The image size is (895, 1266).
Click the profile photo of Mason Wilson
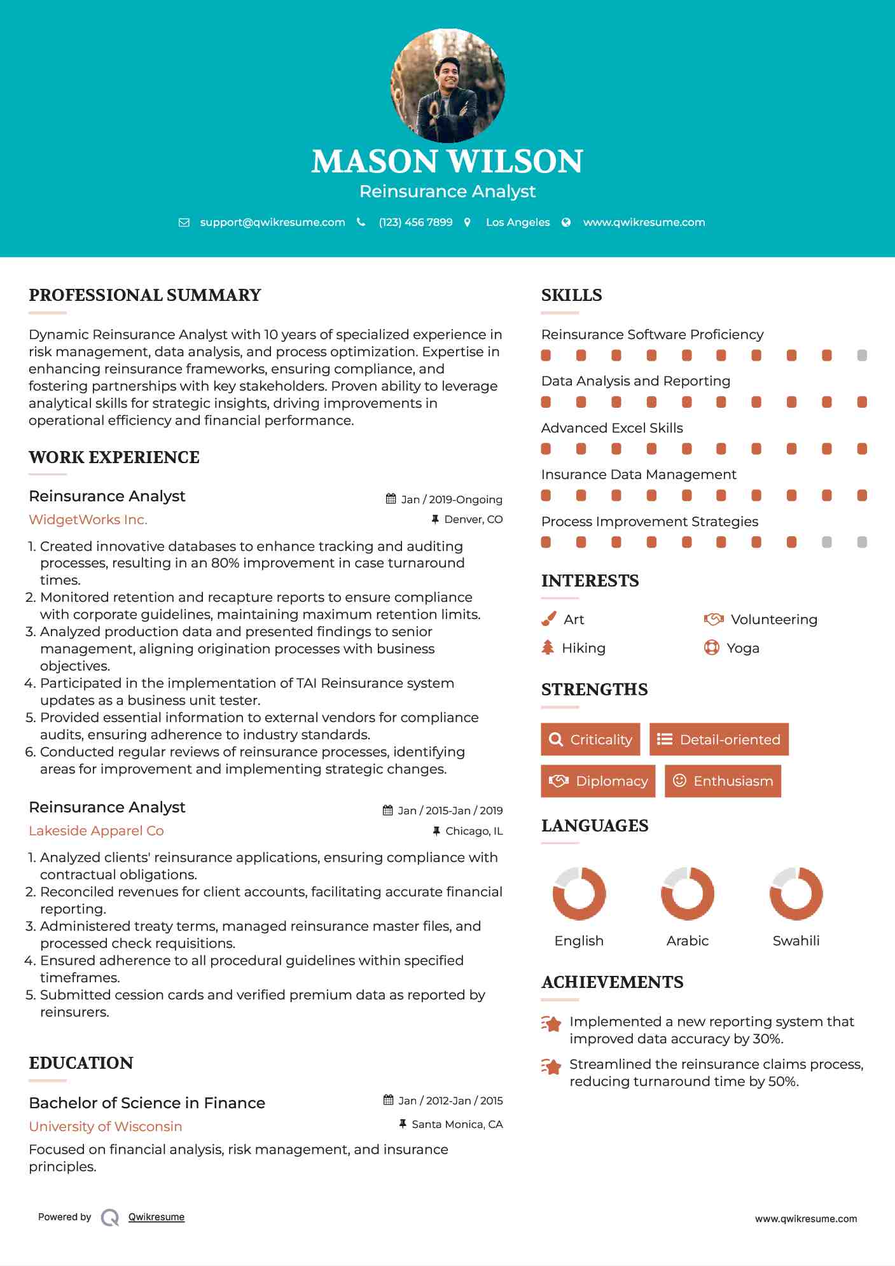[x=447, y=85]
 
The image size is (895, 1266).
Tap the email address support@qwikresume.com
[x=272, y=222]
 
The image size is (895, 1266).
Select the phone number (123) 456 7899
[x=415, y=222]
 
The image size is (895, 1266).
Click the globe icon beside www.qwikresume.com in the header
[x=566, y=222]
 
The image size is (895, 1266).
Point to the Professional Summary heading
[x=145, y=295]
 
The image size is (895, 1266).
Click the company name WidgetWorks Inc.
[x=88, y=520]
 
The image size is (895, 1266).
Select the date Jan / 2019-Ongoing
[x=451, y=499]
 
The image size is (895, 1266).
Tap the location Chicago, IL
[x=473, y=831]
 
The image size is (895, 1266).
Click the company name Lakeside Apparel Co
[x=96, y=831]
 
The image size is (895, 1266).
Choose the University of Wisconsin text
[x=106, y=1127]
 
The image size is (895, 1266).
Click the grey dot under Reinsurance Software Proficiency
[x=862, y=355]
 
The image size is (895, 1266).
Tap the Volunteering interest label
[x=774, y=620]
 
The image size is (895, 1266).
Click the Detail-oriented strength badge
[x=719, y=739]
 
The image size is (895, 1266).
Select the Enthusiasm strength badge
[x=723, y=781]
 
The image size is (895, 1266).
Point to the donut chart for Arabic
[x=688, y=893]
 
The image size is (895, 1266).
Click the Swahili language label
[x=796, y=941]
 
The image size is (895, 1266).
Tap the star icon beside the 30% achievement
[x=551, y=1024]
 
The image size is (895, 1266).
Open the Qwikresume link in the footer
[x=156, y=1217]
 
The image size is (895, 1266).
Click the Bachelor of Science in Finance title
[x=147, y=1103]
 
